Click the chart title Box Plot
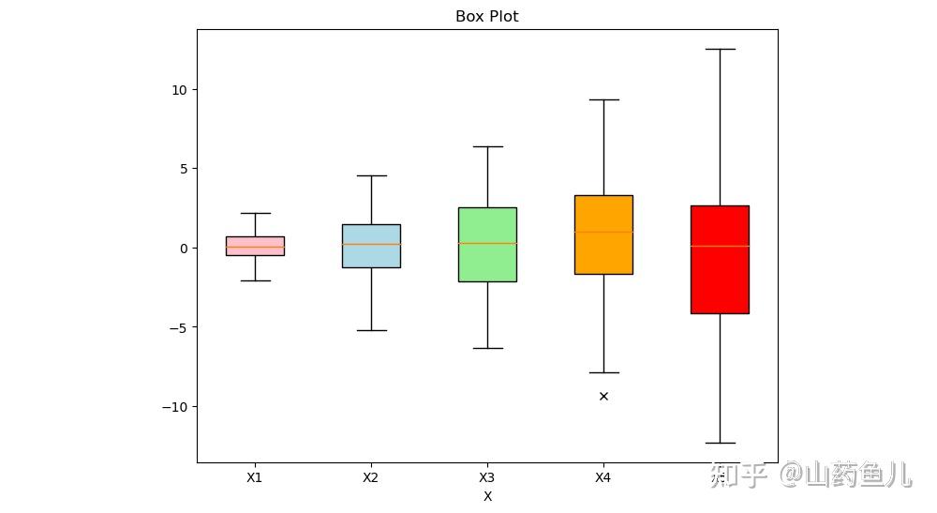coord(486,16)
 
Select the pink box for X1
coord(255,246)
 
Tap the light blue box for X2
coord(371,246)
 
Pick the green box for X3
coord(487,244)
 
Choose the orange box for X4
coord(603,234)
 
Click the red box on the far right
coord(720,259)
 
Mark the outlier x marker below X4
coord(603,396)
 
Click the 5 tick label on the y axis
coord(182,169)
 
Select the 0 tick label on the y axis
coord(182,249)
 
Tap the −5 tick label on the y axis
coord(177,327)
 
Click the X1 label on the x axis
coord(255,477)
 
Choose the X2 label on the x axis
coord(371,477)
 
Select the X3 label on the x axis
coord(487,477)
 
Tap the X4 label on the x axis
coord(603,477)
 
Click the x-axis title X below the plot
coord(487,496)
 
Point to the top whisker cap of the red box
coord(720,49)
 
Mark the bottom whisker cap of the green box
coord(487,348)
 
